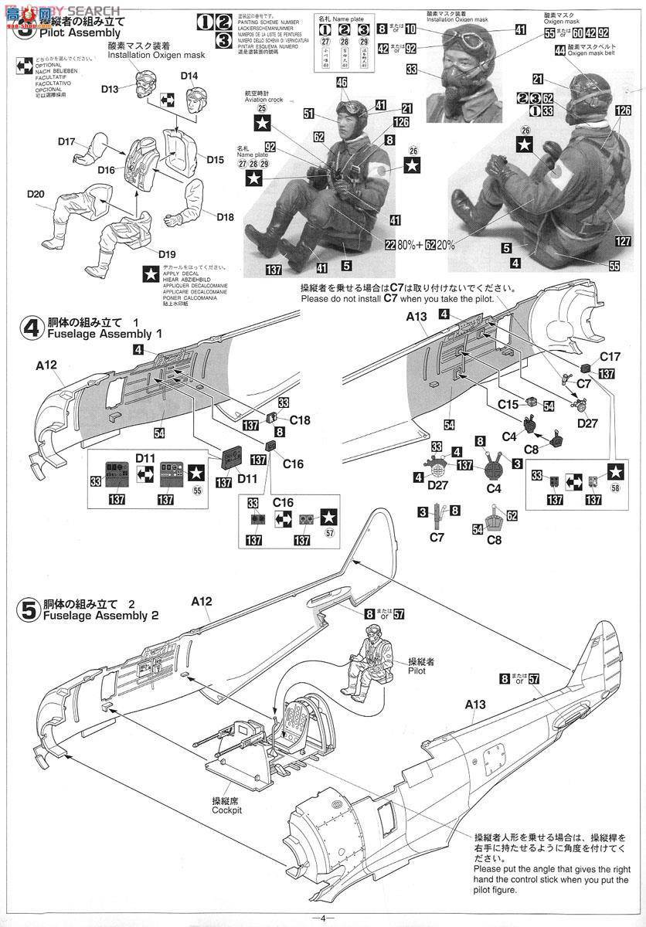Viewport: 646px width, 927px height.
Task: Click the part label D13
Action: [x=109, y=90]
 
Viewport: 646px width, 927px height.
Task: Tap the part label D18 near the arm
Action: [x=225, y=217]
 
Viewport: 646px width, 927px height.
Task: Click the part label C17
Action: [x=610, y=357]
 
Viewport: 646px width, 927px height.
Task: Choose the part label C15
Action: [x=508, y=404]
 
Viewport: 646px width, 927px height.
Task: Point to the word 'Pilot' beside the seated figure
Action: [x=418, y=671]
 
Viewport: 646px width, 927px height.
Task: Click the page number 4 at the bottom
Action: [x=324, y=918]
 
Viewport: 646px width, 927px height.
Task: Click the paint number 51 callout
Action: [x=308, y=113]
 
